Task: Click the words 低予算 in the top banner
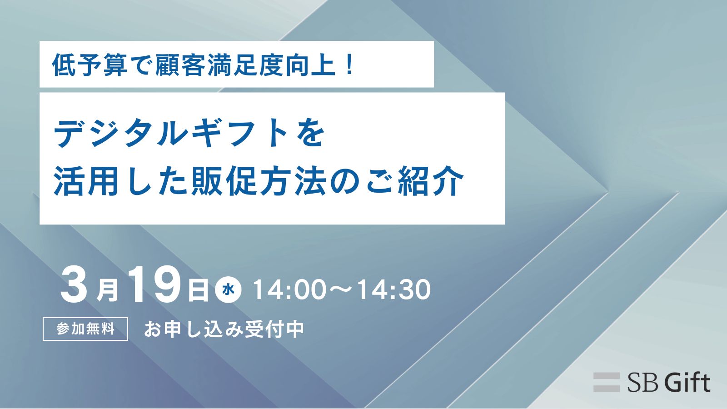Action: (x=90, y=65)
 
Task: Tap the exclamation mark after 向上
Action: (x=349, y=65)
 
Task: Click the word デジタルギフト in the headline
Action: (x=172, y=134)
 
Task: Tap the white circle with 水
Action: (x=228, y=289)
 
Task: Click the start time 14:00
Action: (x=289, y=289)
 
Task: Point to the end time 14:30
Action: (x=394, y=289)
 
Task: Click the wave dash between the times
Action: (x=341, y=290)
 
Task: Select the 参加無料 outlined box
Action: (x=85, y=329)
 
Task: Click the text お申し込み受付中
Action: (x=224, y=329)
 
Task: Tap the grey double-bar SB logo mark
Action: (x=607, y=382)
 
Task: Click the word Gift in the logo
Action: (x=687, y=382)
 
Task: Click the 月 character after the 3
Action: (x=108, y=291)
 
